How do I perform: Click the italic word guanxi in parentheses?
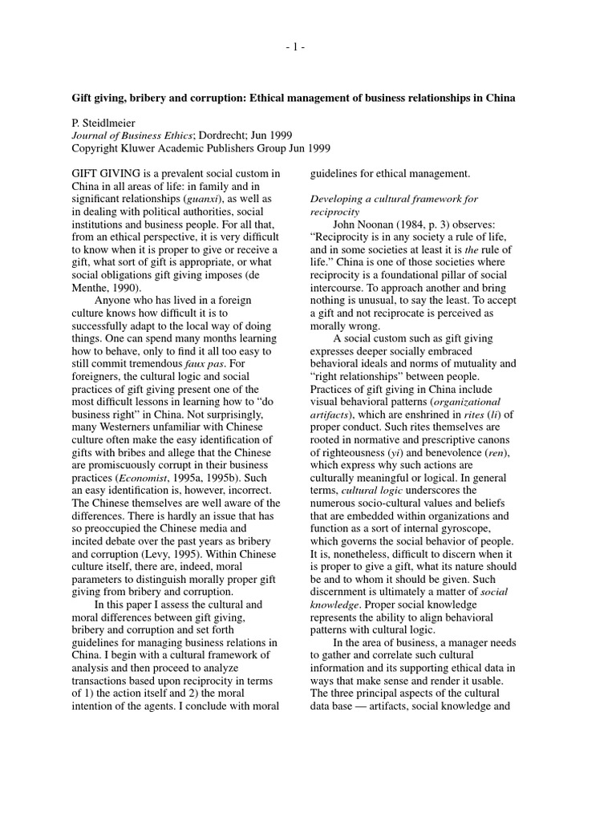pos(205,198)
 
